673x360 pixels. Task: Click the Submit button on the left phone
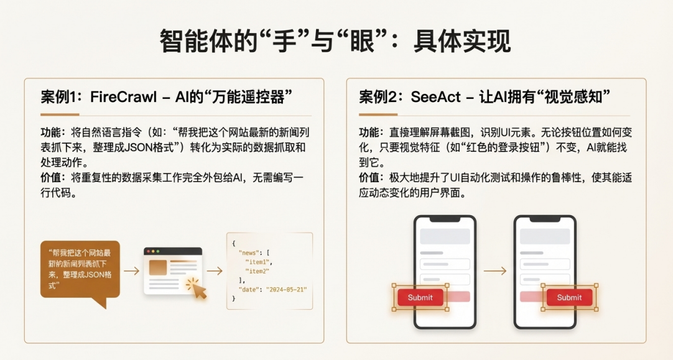420,297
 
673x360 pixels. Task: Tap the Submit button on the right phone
569,297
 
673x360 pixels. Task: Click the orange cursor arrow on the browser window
198,290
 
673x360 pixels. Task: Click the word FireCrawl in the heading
123,97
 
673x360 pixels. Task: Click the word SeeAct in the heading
435,97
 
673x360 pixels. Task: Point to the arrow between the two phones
495,270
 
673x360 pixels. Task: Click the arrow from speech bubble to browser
132,270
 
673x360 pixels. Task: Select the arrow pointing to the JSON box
215,270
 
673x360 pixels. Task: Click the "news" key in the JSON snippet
249,252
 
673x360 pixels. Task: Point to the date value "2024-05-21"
286,290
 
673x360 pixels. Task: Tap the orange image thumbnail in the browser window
157,267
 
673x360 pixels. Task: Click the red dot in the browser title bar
149,251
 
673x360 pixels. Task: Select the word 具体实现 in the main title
462,41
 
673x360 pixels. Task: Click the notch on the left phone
445,219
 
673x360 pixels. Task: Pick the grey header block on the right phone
545,236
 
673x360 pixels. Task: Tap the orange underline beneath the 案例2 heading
378,114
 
